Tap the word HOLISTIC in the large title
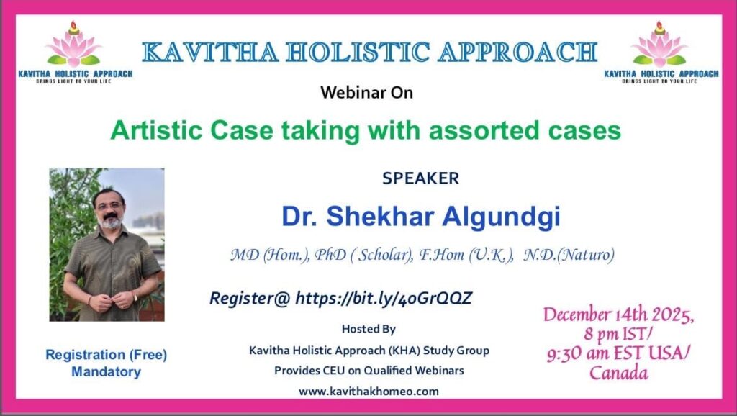(x=358, y=52)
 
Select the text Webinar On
(x=366, y=93)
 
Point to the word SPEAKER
(x=420, y=178)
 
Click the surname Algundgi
(x=501, y=217)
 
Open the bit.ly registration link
(x=384, y=299)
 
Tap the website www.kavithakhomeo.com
(x=368, y=391)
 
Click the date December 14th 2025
(x=618, y=315)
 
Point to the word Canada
(x=618, y=374)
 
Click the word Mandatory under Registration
(x=107, y=372)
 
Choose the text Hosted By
(x=368, y=329)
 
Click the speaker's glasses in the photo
(x=109, y=205)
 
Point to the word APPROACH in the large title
(x=517, y=52)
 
